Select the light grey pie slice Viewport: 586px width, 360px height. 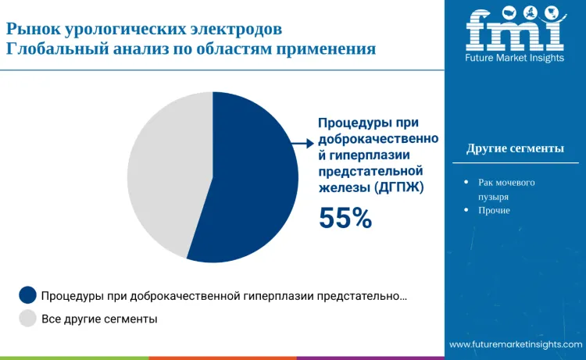[x=164, y=172]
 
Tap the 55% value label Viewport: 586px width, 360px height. [x=345, y=218]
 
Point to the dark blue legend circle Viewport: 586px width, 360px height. [x=28, y=295]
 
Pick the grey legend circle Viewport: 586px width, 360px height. [x=28, y=318]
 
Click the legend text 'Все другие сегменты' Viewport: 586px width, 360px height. [x=99, y=319]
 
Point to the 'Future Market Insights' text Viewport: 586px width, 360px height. [x=514, y=59]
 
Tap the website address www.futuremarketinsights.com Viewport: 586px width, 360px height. [x=516, y=344]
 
